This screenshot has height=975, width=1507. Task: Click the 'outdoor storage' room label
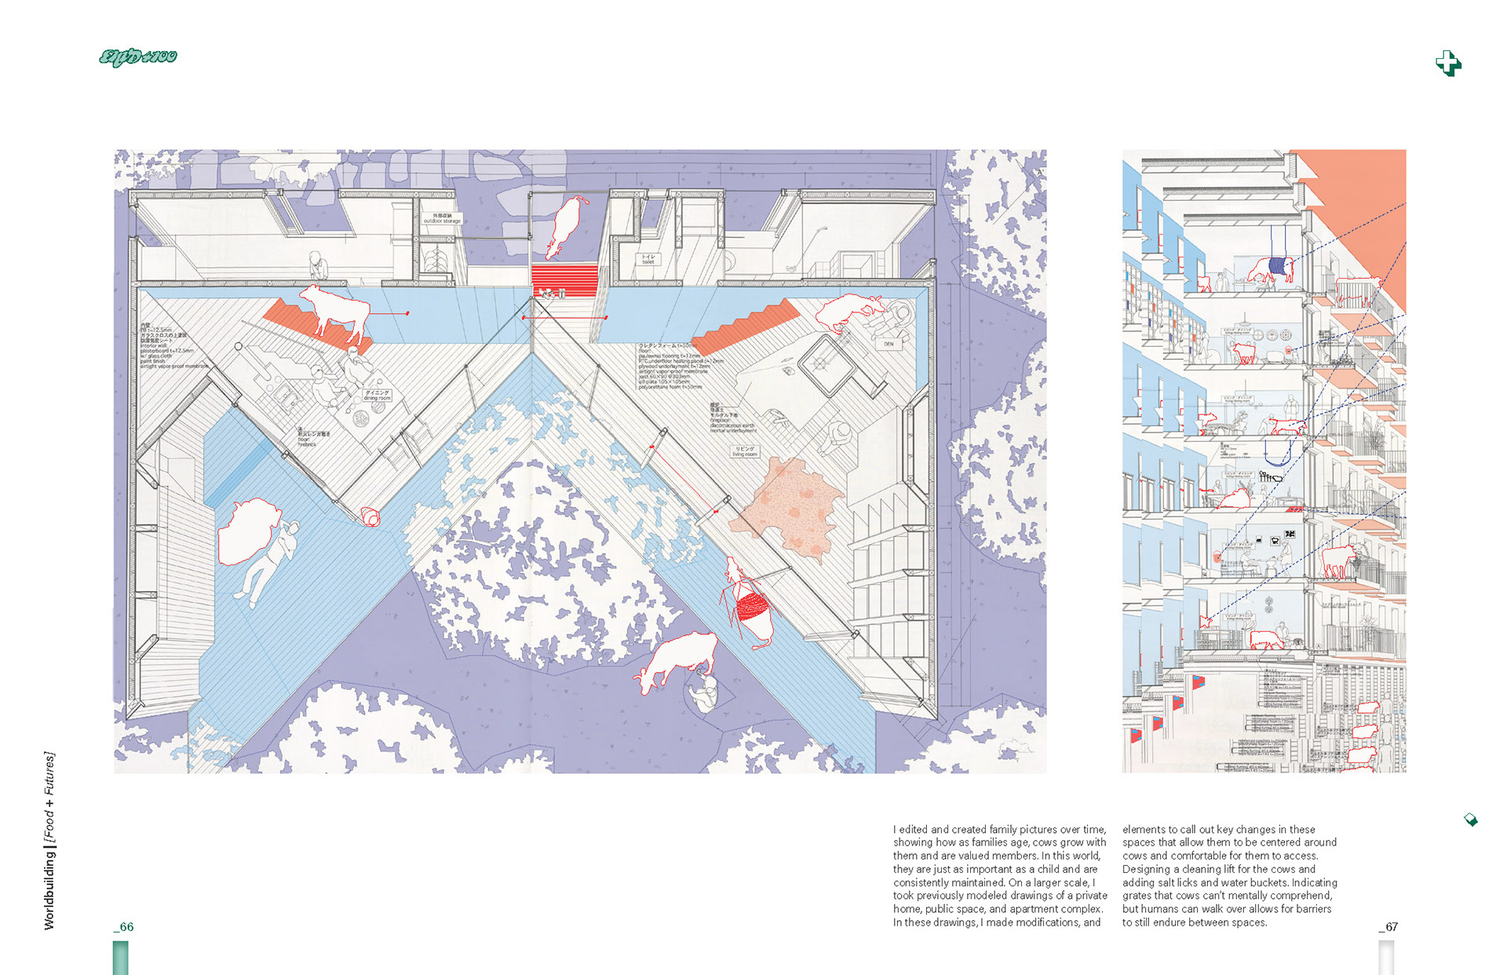pos(442,218)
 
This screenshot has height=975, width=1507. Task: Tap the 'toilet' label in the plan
pos(648,258)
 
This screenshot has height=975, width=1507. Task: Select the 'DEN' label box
pos(889,344)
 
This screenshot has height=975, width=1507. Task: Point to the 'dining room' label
pos(377,395)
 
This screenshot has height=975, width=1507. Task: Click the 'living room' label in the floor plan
pos(745,451)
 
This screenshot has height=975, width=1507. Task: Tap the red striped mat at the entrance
pos(564,279)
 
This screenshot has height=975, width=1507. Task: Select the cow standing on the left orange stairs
pos(336,310)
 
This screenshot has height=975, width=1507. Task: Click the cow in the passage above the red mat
pos(567,225)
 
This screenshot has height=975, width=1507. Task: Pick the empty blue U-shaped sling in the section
pos(1278,453)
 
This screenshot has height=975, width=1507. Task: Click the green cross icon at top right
pos(1448,63)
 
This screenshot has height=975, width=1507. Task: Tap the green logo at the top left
pos(138,57)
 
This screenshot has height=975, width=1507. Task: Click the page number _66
pos(124,927)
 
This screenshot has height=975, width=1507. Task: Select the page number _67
pos(1388,927)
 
